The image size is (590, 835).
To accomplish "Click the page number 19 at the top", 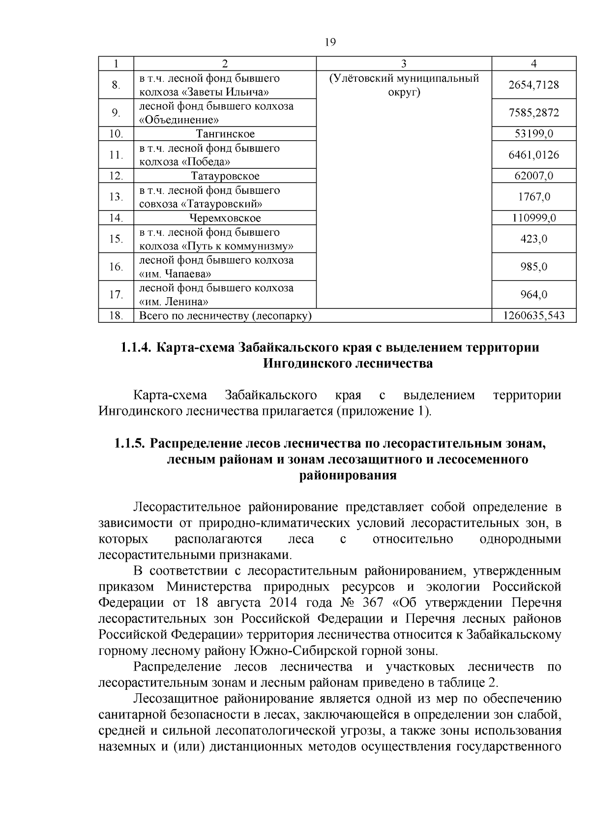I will [330, 42].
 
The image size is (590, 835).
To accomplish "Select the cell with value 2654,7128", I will [533, 85].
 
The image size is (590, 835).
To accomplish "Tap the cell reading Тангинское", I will [225, 134].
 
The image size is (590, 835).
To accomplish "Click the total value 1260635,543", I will [533, 315].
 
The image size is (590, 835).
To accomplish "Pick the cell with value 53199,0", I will [533, 134].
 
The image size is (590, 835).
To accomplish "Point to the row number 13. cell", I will [116, 197].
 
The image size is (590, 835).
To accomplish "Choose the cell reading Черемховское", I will [225, 218].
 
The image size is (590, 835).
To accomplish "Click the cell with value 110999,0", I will [533, 218].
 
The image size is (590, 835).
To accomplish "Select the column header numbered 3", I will [404, 63].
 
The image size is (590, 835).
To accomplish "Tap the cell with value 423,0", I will [533, 239].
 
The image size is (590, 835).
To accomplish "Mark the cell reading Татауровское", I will [225, 176].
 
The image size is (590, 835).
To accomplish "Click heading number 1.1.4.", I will [136, 348].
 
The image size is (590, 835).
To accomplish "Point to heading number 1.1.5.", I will [130, 443].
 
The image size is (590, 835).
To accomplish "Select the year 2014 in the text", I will [286, 603].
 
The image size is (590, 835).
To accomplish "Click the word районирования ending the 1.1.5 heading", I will [348, 476].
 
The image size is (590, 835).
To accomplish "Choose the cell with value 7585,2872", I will [533, 113].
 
